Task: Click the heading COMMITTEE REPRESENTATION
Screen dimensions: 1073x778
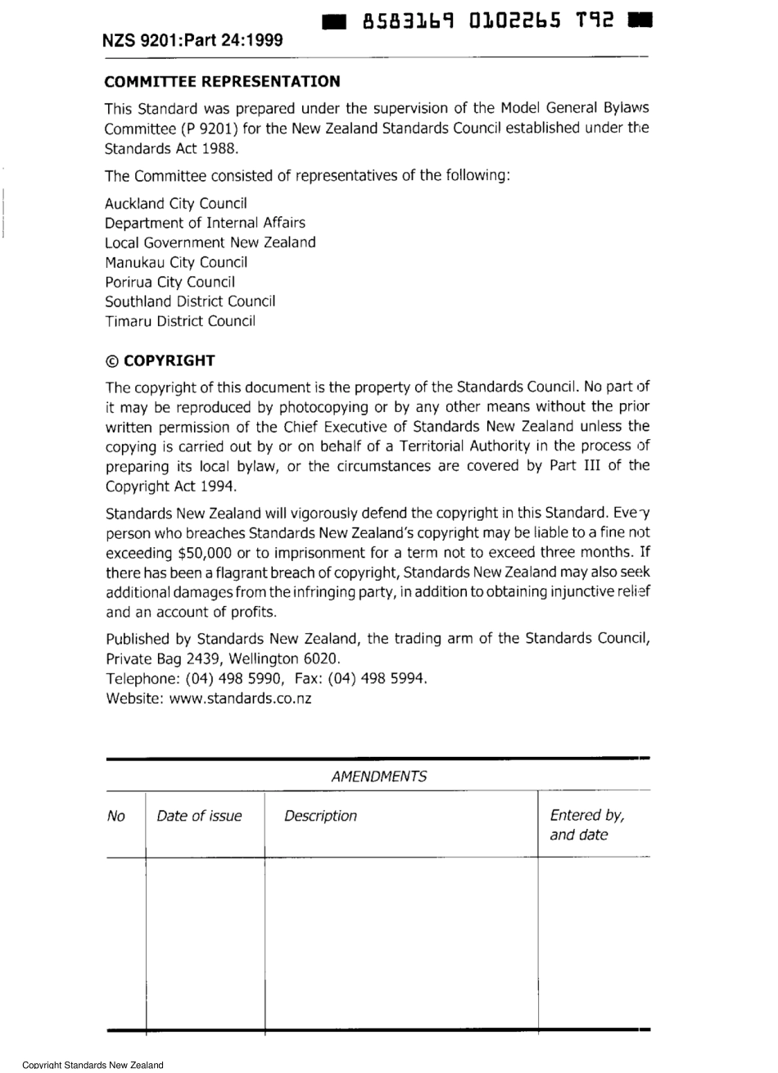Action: coord(222,82)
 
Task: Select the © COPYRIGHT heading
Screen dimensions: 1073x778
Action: coord(160,360)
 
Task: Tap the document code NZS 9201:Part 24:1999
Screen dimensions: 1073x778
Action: coord(193,40)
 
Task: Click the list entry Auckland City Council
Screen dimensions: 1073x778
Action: coord(176,203)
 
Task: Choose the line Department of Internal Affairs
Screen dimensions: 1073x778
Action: coord(205,223)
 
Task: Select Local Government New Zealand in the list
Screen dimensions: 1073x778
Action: coord(210,242)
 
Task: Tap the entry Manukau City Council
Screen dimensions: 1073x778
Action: coord(176,262)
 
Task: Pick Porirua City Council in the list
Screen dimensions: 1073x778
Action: coord(170,282)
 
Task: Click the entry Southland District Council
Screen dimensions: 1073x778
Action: coord(190,301)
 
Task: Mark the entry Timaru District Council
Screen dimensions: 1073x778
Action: coord(180,321)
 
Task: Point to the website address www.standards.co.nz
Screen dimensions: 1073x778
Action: coord(240,699)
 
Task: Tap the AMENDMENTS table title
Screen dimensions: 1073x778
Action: coord(378,776)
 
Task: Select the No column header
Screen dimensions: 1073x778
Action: coord(116,816)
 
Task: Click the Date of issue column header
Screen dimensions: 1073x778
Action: coord(199,816)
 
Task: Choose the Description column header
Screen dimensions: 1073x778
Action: coord(320,816)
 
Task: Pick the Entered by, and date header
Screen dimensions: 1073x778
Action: coord(586,825)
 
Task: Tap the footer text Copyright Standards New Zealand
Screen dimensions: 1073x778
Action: coord(93,1065)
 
